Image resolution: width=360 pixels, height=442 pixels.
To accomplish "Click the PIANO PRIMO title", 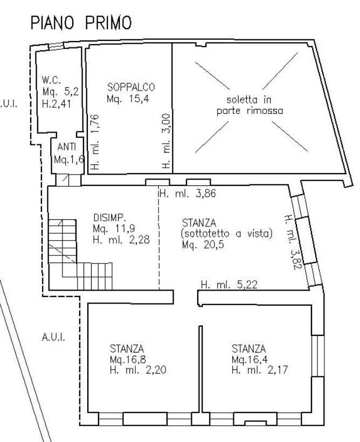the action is (81, 23).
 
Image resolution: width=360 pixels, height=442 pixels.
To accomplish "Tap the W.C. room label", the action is (51, 80).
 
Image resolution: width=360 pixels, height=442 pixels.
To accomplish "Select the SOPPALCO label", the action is (131, 87).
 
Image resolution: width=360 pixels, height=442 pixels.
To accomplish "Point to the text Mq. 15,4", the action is (128, 99).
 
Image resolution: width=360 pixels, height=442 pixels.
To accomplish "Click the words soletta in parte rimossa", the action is (250, 105).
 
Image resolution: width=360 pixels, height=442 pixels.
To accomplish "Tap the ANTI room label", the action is (66, 147).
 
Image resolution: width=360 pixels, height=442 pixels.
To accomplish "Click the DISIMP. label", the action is (109, 217).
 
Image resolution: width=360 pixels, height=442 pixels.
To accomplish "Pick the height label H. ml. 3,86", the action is (188, 194).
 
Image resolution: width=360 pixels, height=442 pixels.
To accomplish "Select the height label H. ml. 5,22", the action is (229, 285).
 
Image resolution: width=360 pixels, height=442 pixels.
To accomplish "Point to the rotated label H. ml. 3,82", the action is (292, 243).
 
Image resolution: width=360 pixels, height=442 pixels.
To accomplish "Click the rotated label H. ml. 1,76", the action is (95, 142).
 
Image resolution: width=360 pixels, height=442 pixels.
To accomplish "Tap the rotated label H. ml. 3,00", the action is (167, 141).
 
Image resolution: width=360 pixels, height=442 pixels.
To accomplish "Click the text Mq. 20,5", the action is (203, 245).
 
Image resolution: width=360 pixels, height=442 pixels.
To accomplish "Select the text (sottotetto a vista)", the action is (227, 234).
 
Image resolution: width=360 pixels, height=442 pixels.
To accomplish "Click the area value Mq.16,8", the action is (128, 360).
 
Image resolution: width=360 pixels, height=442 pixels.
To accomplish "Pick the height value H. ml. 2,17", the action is (260, 370).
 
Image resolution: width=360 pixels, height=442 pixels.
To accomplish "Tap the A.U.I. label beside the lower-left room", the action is (53, 337).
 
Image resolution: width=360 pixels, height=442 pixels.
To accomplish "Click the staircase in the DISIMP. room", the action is (80, 254).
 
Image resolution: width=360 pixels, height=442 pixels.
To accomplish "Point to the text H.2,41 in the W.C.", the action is (57, 104).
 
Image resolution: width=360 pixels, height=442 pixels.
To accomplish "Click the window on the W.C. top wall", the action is (56, 46).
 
